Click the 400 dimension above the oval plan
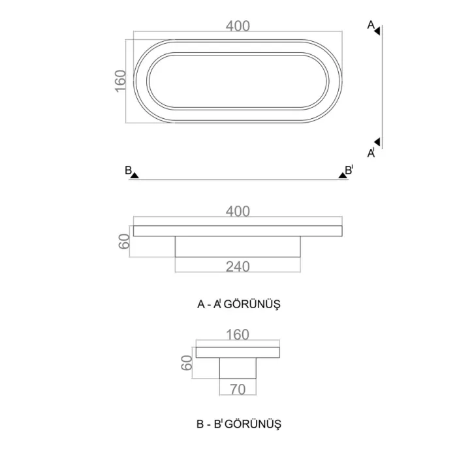tap(238, 26)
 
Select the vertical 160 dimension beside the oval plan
tap(120, 81)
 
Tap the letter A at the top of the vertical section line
tap(370, 25)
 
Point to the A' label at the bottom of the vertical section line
tap(371, 153)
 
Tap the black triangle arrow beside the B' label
tap(342, 174)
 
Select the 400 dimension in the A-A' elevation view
tap(238, 212)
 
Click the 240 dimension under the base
tap(238, 266)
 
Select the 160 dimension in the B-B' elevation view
tap(238, 335)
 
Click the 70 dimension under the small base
tap(238, 389)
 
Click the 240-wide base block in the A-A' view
tap(238, 246)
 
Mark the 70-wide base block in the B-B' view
tap(238, 368)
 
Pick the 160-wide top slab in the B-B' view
tap(238, 353)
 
